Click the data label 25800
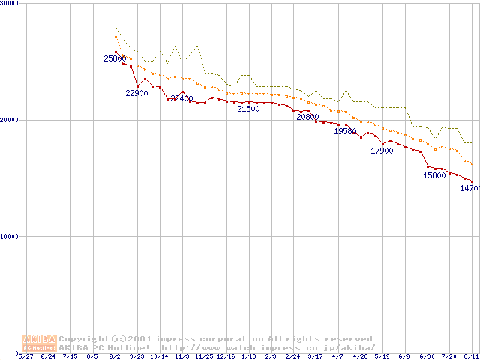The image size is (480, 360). point(115,58)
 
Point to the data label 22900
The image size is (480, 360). point(136,93)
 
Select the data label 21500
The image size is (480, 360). point(248,109)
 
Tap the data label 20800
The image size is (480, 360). point(307,117)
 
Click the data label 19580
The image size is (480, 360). point(345,131)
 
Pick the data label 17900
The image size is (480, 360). point(382,151)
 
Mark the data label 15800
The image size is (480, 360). point(434,175)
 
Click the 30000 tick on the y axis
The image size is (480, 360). point(9,4)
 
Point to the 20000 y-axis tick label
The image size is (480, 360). point(9,120)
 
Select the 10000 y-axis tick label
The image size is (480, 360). point(9,236)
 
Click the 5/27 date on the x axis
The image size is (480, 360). point(25,356)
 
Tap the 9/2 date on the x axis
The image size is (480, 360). point(115,356)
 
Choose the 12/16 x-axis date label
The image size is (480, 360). point(226,356)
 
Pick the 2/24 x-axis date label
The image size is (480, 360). point(292,356)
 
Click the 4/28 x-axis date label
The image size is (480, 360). point(360,356)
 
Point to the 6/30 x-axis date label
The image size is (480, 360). point(427,356)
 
